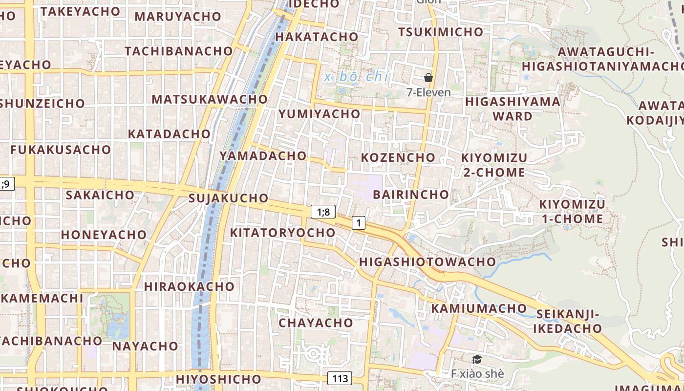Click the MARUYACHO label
click(x=178, y=17)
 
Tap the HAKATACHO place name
click(x=317, y=37)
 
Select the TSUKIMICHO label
click(x=440, y=32)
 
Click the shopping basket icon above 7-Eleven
click(x=428, y=78)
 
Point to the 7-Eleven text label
click(x=428, y=92)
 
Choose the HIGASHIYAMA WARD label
click(x=513, y=109)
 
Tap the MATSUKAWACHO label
click(x=210, y=99)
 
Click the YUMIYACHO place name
click(x=320, y=114)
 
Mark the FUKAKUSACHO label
click(x=61, y=150)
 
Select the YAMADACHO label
click(x=263, y=156)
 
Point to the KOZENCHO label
click(x=398, y=157)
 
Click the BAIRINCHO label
click(x=411, y=195)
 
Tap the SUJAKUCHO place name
click(x=229, y=198)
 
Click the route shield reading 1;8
click(x=323, y=212)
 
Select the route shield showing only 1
click(x=359, y=223)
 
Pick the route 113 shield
click(x=340, y=378)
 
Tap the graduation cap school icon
click(x=477, y=360)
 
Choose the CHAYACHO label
click(x=316, y=323)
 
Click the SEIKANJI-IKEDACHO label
click(x=567, y=321)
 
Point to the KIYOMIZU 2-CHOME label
click(x=494, y=165)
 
